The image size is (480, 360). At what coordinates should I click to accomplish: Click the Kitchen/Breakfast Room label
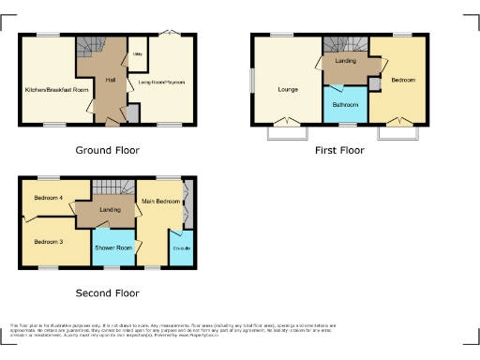pyautogui.click(x=56, y=89)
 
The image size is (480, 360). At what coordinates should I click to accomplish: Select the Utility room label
pyautogui.click(x=138, y=55)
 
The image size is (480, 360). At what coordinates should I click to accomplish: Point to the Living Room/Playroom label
pyautogui.click(x=161, y=82)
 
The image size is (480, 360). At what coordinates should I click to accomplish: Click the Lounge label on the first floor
pyautogui.click(x=288, y=89)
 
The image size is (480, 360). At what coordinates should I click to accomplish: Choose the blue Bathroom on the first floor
pyautogui.click(x=344, y=104)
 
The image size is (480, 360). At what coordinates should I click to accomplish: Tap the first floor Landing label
pyautogui.click(x=344, y=61)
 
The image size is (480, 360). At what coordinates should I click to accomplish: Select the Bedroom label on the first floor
pyautogui.click(x=404, y=81)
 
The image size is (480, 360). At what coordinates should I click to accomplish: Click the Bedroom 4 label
pyautogui.click(x=49, y=198)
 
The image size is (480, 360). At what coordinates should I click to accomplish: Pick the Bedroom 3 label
pyautogui.click(x=49, y=242)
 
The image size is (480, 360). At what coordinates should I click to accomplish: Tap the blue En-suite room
pyautogui.click(x=181, y=248)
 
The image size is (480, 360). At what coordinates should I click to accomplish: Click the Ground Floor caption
pyautogui.click(x=107, y=149)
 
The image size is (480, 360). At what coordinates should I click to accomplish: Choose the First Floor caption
pyautogui.click(x=339, y=149)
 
